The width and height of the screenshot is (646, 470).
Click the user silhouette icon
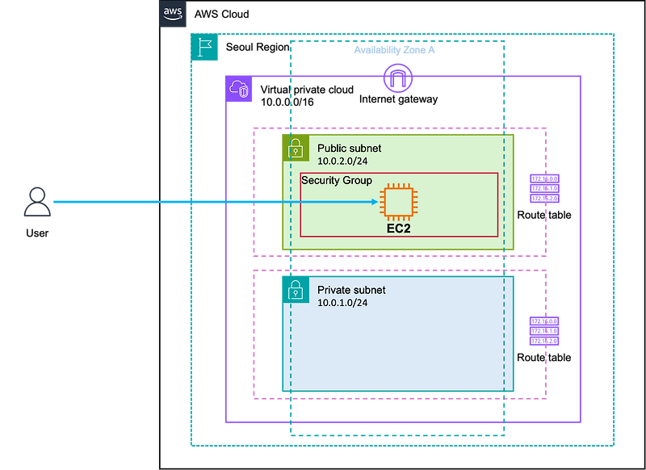36,202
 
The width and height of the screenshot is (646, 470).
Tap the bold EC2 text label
399,229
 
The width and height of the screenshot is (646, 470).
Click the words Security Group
337,180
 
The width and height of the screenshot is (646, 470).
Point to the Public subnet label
349,149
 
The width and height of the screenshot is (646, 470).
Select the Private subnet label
351,290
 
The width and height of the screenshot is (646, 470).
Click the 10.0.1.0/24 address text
342,303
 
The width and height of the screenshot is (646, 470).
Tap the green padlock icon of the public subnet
296,148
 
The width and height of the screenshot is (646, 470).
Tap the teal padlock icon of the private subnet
296,289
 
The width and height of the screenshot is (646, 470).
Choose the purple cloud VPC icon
241,89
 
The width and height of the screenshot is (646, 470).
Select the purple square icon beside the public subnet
543,188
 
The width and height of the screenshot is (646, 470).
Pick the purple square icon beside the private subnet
543,331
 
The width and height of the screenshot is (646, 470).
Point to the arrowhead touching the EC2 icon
375,202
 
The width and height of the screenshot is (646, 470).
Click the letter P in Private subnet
321,290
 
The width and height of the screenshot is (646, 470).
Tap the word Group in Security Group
356,180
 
